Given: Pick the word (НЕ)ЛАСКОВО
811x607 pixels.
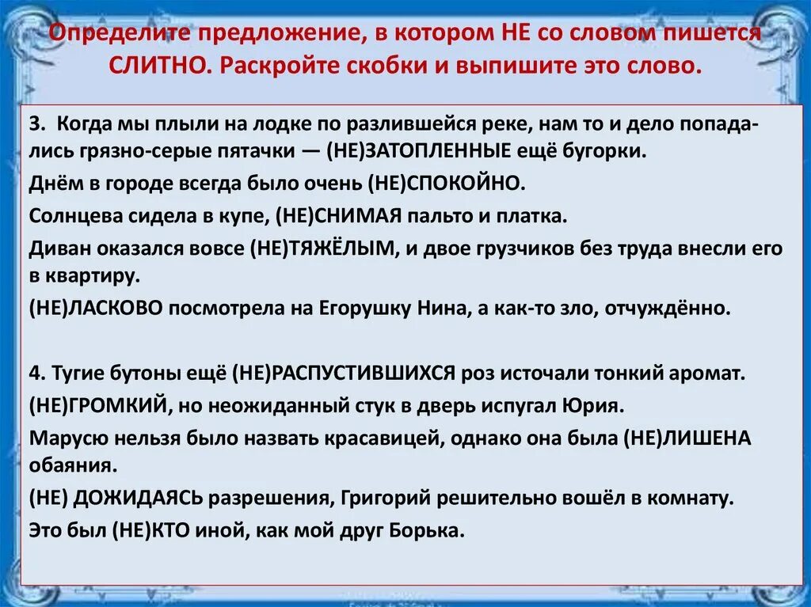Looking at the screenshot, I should (x=97, y=307).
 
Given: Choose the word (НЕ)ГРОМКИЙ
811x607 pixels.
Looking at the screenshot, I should (x=97, y=404).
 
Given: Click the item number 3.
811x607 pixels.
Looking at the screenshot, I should (x=36, y=127).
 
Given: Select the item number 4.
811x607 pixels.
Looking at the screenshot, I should (x=36, y=372).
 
